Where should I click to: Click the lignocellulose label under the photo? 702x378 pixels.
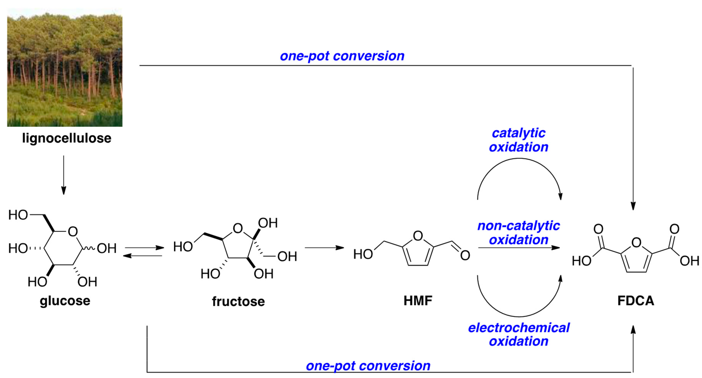(x=67, y=138)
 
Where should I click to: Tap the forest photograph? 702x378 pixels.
(x=65, y=67)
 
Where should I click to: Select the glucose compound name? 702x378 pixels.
(x=65, y=301)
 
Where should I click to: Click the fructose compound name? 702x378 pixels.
(x=238, y=301)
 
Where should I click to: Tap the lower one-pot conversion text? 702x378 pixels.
(x=368, y=366)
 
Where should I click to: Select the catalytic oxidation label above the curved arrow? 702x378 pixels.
(x=518, y=140)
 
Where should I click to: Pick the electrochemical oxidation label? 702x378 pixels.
(x=519, y=334)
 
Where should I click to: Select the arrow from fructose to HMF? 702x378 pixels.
(x=324, y=248)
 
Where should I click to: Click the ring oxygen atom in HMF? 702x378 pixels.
(x=418, y=236)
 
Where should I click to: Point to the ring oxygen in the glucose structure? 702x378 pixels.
(x=73, y=232)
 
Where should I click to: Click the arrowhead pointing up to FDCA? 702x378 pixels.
(x=633, y=330)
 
